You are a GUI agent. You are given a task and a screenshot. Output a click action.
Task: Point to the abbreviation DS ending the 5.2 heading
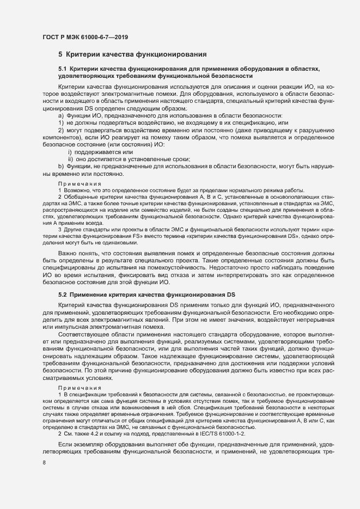[x=231, y=294]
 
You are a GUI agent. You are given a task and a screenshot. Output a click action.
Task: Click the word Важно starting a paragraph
[x=68, y=254]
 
